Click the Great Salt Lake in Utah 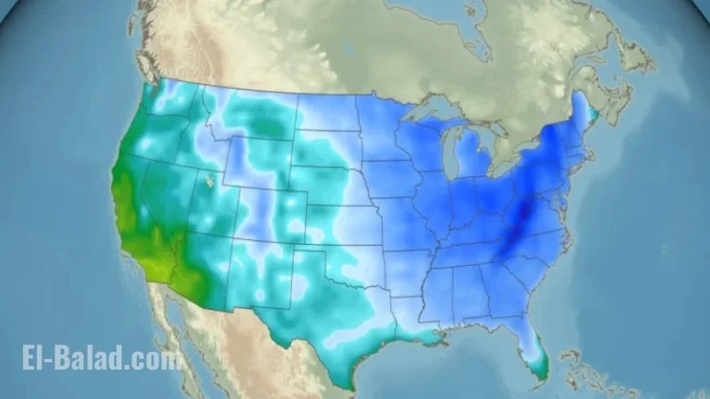(x=211, y=178)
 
